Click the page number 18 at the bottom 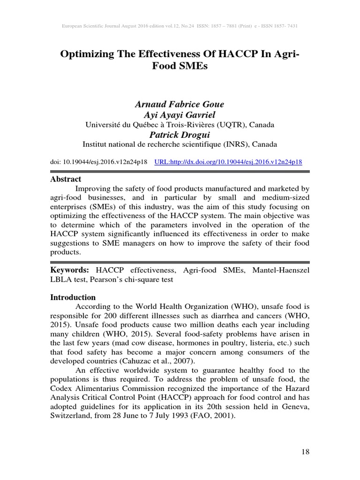(x=305, y=452)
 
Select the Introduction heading (x=73, y=297)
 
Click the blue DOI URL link (x=228, y=162)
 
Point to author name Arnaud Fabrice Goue (x=180, y=104)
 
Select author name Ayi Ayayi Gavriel (x=180, y=115)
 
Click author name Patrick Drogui (x=180, y=135)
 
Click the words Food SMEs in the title (x=180, y=67)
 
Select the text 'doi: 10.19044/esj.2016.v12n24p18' (x=99, y=162)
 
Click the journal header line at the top (x=180, y=25)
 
